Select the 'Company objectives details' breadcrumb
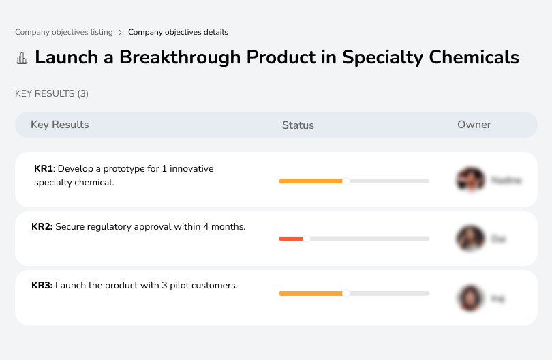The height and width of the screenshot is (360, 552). (x=178, y=32)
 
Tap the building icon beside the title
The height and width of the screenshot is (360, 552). (x=22, y=58)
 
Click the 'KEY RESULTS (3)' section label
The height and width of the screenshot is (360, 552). (x=52, y=93)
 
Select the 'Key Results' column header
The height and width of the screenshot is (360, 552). (x=60, y=125)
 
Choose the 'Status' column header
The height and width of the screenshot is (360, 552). (x=298, y=125)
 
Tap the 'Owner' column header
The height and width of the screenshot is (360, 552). (x=474, y=125)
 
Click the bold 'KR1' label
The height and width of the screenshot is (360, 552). (x=44, y=168)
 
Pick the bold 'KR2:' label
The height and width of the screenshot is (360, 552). (x=42, y=226)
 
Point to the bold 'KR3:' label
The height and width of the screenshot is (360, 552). (x=42, y=285)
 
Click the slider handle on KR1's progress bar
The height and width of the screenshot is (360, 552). (x=346, y=181)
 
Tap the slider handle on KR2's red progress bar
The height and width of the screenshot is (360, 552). (x=307, y=239)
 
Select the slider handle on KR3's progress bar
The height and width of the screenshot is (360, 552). (x=346, y=293)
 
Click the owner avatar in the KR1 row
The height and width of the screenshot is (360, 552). (x=470, y=180)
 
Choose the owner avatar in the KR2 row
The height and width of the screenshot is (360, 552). (x=470, y=239)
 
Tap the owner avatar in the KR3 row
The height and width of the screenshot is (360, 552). (x=470, y=298)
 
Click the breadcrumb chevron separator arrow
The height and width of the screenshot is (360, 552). (x=120, y=32)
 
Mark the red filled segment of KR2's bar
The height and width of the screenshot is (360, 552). (x=291, y=239)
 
